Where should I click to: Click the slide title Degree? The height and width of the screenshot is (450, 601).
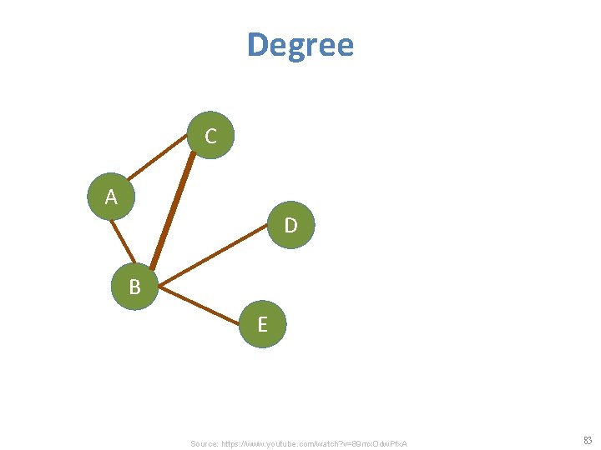coord(300,45)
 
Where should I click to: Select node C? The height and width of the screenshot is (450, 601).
coord(210,135)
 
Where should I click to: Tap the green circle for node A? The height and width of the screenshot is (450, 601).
coord(111,197)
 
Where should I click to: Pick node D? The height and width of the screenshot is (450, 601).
coord(290,224)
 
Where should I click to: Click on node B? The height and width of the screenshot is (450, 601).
coord(134,287)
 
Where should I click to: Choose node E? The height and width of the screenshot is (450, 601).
coord(262,324)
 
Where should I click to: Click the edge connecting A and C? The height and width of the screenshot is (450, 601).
coord(158,159)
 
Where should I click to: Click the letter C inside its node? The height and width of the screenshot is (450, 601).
coord(210,137)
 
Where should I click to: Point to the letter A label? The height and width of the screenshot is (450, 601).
coord(111,197)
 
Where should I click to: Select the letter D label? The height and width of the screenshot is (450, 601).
coord(290,226)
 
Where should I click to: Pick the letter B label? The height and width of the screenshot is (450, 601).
coord(134,288)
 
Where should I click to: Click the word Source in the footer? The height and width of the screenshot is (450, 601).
coord(204,443)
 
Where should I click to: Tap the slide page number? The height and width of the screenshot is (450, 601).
coord(587,441)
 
